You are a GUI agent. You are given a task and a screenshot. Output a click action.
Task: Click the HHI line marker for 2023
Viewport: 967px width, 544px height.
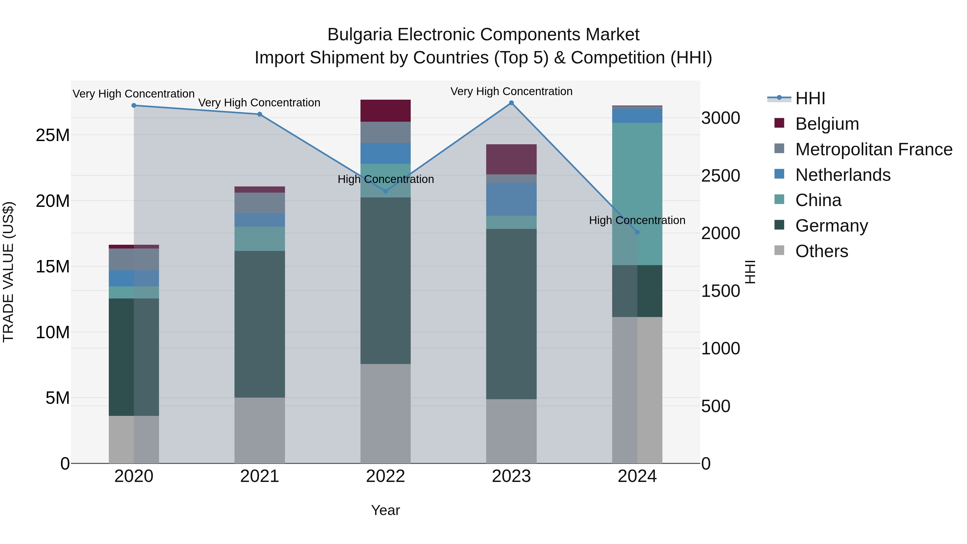[511, 103]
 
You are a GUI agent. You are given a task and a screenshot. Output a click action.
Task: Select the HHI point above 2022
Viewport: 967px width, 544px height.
[385, 191]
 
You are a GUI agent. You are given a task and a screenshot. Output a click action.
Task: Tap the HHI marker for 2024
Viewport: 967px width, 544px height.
[637, 232]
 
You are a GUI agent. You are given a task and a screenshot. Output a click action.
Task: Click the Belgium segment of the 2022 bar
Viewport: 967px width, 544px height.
[385, 111]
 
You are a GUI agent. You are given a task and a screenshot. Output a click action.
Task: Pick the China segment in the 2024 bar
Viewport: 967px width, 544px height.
[637, 193]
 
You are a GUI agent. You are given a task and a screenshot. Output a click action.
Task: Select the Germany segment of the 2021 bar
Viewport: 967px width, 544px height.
[259, 324]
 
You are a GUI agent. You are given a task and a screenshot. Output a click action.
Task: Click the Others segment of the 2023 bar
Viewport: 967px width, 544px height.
[511, 431]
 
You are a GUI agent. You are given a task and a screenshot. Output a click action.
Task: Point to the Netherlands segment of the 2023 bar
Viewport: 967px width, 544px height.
[511, 199]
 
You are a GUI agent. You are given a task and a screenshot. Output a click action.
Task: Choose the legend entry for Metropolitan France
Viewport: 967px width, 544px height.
[874, 149]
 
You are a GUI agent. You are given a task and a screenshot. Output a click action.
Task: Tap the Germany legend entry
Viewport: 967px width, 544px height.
[831, 226]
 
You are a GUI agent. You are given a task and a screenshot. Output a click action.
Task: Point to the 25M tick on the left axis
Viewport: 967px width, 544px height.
[53, 135]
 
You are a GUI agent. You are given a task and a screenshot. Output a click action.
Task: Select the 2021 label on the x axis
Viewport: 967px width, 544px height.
[259, 476]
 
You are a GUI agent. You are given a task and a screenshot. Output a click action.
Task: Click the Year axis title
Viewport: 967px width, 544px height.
[385, 510]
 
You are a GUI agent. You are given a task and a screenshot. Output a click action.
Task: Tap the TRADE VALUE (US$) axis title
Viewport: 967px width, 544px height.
[8, 272]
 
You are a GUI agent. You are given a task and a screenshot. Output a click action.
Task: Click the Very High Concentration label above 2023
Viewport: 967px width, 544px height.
[511, 91]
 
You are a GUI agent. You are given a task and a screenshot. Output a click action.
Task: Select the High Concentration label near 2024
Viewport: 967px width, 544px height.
[637, 220]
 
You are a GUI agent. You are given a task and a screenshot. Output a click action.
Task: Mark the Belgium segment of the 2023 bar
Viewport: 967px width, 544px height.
[511, 159]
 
